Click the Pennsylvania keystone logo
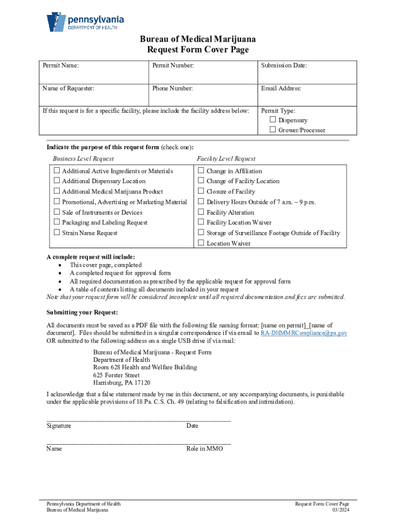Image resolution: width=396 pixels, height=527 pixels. coord(55,22)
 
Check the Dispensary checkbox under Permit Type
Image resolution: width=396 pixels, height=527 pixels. coord(273,120)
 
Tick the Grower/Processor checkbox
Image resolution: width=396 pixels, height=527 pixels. coord(273,130)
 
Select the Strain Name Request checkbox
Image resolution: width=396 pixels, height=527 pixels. coord(56,233)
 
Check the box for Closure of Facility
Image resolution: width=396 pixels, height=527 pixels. coord(201,191)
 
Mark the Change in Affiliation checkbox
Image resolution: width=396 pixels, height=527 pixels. coord(201,170)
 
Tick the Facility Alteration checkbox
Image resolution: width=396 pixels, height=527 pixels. coord(201,212)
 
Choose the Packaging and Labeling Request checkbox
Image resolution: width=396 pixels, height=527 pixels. coord(56,222)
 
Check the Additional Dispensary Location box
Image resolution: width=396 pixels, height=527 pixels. coord(56,181)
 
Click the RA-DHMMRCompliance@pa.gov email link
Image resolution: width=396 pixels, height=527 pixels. coord(303,333)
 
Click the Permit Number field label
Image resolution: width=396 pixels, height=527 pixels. coord(173,65)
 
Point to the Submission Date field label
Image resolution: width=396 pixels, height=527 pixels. coord(284,65)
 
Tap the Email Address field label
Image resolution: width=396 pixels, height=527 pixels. coord(281,89)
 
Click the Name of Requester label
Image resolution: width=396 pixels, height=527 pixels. coord(68,89)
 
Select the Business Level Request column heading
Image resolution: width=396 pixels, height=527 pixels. coord(83,159)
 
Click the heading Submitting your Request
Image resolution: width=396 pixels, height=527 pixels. coord(82,312)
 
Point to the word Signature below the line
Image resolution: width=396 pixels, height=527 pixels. coord(59,426)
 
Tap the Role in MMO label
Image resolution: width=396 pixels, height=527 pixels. coord(205,449)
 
